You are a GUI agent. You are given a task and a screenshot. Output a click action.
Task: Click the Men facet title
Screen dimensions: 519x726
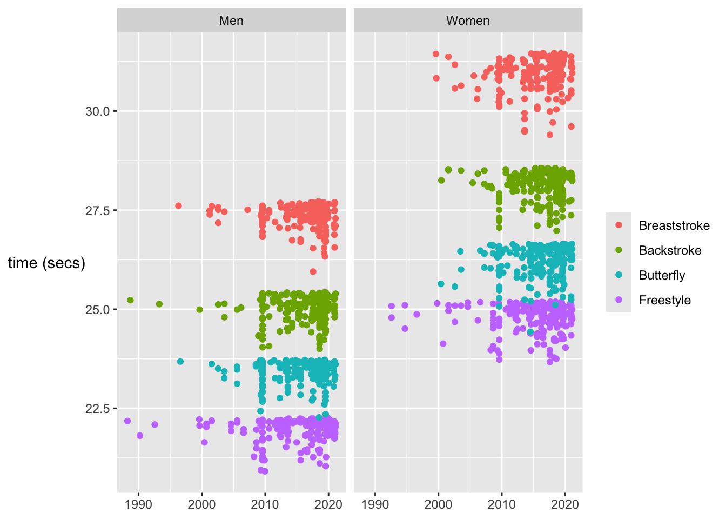[x=231, y=21]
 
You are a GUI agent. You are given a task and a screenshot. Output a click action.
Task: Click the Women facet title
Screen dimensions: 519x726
[x=468, y=21]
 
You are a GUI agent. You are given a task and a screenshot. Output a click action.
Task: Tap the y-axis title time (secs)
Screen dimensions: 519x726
[x=46, y=263]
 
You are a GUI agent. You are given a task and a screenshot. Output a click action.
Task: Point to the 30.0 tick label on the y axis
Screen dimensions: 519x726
[x=97, y=111]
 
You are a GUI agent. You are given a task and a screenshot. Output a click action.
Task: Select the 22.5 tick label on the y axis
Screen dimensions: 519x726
[x=97, y=409]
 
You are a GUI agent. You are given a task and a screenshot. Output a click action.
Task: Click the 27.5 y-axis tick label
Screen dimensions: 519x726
[x=97, y=210]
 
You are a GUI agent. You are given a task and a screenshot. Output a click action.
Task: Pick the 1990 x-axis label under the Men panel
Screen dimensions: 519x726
[x=138, y=504]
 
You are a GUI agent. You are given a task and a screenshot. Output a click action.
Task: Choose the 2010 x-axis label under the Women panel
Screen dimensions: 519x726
[x=502, y=504]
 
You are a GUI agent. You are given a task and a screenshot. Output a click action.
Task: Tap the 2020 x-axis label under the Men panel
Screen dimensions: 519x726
[x=328, y=504]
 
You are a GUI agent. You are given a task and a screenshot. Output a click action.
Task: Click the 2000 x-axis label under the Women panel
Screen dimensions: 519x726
[x=438, y=504]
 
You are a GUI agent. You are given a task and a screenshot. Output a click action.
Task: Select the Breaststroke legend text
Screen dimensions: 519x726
[x=674, y=225]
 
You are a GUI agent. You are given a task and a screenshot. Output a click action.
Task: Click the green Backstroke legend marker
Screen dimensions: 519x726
[x=619, y=250]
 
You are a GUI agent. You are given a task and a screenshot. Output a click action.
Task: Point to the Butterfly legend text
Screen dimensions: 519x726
[x=662, y=275]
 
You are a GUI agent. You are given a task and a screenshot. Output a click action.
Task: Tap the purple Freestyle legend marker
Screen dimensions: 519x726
[x=619, y=300]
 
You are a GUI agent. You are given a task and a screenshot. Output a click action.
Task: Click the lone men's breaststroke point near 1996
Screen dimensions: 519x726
[x=178, y=206]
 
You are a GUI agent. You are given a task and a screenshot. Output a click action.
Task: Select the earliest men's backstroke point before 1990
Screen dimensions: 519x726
[x=130, y=300]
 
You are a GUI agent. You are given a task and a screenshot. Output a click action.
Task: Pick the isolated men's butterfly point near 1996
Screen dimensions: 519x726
[x=180, y=362]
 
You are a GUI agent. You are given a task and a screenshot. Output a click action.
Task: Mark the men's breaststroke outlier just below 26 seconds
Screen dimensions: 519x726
[x=313, y=271]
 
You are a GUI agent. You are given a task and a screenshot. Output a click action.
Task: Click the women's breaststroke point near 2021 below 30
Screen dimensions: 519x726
[x=571, y=127]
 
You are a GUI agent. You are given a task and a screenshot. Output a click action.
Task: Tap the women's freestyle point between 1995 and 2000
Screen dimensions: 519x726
[x=416, y=314]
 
